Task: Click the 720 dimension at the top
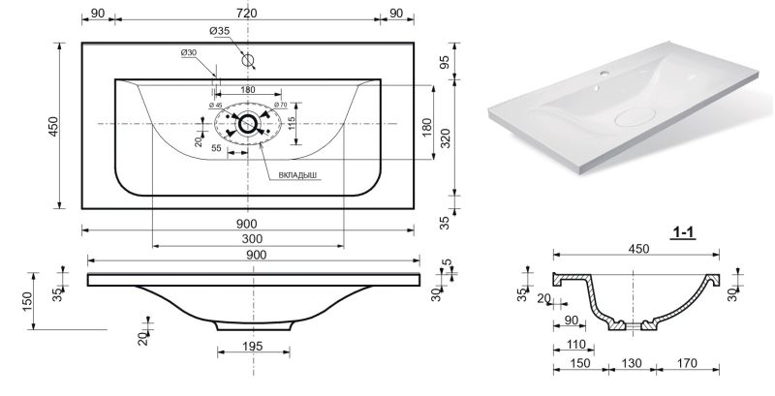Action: [x=247, y=14]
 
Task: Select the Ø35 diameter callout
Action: [x=219, y=31]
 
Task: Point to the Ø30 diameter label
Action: [x=188, y=52]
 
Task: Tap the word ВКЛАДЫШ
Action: [x=297, y=175]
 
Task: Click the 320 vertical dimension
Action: [x=446, y=138]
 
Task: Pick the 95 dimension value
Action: [x=445, y=62]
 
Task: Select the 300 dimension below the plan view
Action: [x=253, y=239]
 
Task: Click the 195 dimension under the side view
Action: [x=253, y=346]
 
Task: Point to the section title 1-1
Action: [x=683, y=231]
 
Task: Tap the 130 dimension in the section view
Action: [x=632, y=363]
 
